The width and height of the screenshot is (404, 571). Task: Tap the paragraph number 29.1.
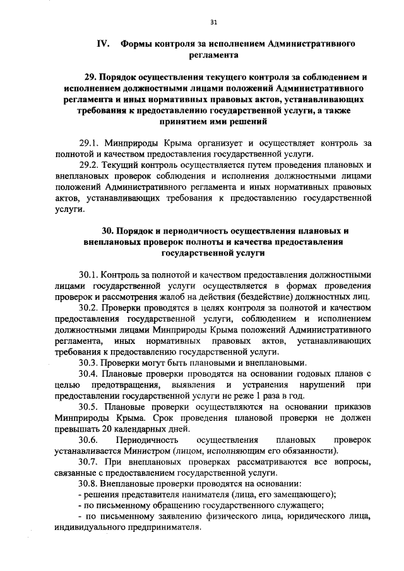click(90, 142)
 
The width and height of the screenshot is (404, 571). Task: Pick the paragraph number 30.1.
click(90, 274)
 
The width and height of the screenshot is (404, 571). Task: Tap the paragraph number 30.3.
click(90, 363)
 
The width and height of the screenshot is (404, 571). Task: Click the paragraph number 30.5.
click(90, 407)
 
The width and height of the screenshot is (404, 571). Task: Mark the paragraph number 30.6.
click(88, 440)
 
